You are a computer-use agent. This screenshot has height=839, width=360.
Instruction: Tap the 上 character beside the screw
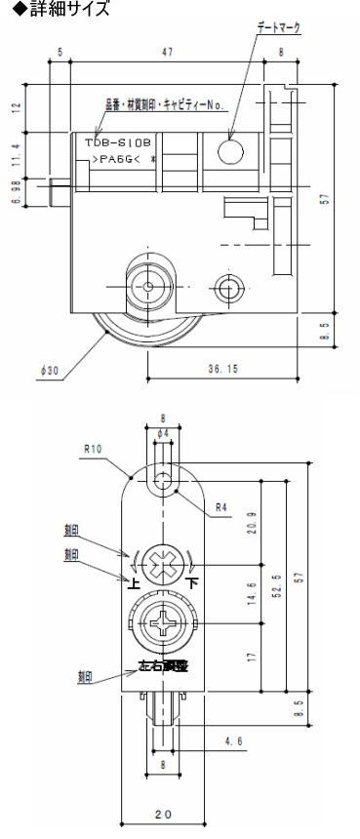(134, 584)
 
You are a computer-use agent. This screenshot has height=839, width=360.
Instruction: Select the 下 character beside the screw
(192, 584)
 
